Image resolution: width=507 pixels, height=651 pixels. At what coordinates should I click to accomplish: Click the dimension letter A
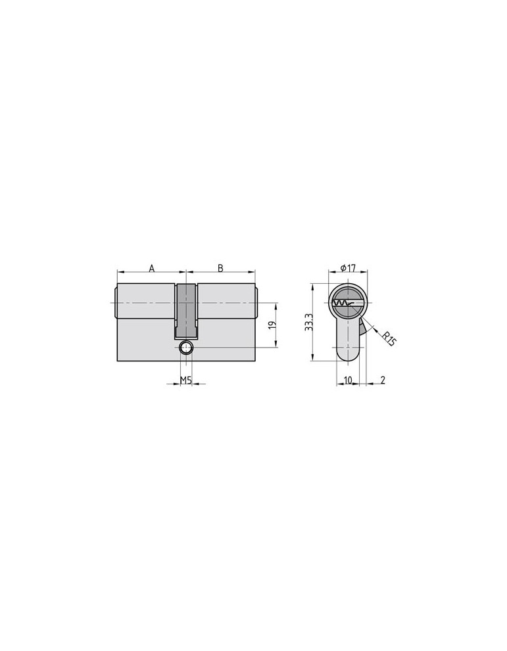[x=152, y=269]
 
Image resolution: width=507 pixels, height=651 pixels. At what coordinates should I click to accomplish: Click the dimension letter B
[x=221, y=269]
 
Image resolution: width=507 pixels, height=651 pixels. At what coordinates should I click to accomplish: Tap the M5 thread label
[x=185, y=380]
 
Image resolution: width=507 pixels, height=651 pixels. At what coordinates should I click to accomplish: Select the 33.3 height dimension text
[x=309, y=322]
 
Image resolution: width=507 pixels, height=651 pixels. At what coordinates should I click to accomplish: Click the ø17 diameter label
[x=348, y=268]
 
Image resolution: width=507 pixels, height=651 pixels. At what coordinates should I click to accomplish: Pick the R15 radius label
[x=389, y=338]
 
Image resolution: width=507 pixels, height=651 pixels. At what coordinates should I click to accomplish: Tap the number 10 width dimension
[x=348, y=380]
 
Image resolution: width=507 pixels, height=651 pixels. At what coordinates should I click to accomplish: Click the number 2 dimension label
[x=383, y=380]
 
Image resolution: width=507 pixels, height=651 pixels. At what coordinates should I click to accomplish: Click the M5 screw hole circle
[x=185, y=348]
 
